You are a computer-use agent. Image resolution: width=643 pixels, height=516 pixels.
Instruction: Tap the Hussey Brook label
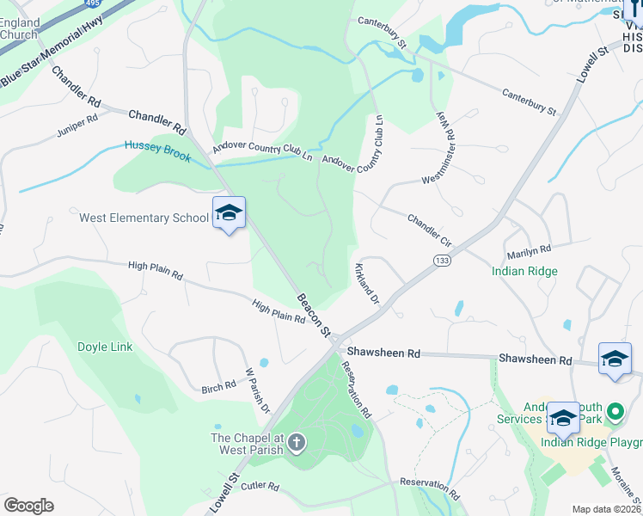[x=157, y=146]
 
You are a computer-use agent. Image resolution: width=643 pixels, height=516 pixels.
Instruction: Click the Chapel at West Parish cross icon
[x=297, y=444]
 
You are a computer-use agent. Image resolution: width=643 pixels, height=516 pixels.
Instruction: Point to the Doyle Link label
[x=105, y=347]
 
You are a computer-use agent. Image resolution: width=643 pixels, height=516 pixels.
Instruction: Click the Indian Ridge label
[x=524, y=271]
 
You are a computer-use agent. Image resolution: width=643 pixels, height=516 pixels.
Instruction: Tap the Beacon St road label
[x=314, y=315]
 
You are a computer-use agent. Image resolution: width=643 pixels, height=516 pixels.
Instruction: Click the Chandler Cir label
[x=429, y=230]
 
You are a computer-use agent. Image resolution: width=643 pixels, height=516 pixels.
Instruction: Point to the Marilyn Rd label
[x=528, y=250]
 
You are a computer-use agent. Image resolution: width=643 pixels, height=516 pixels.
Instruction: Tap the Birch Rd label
[x=217, y=387]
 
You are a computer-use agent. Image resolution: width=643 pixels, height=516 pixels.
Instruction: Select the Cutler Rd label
[x=260, y=487]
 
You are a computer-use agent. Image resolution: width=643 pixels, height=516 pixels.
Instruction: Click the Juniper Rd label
[x=78, y=127]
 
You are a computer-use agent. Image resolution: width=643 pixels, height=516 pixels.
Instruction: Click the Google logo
[x=29, y=505]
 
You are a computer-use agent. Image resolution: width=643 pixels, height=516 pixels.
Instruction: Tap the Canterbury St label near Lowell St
[x=530, y=102]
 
